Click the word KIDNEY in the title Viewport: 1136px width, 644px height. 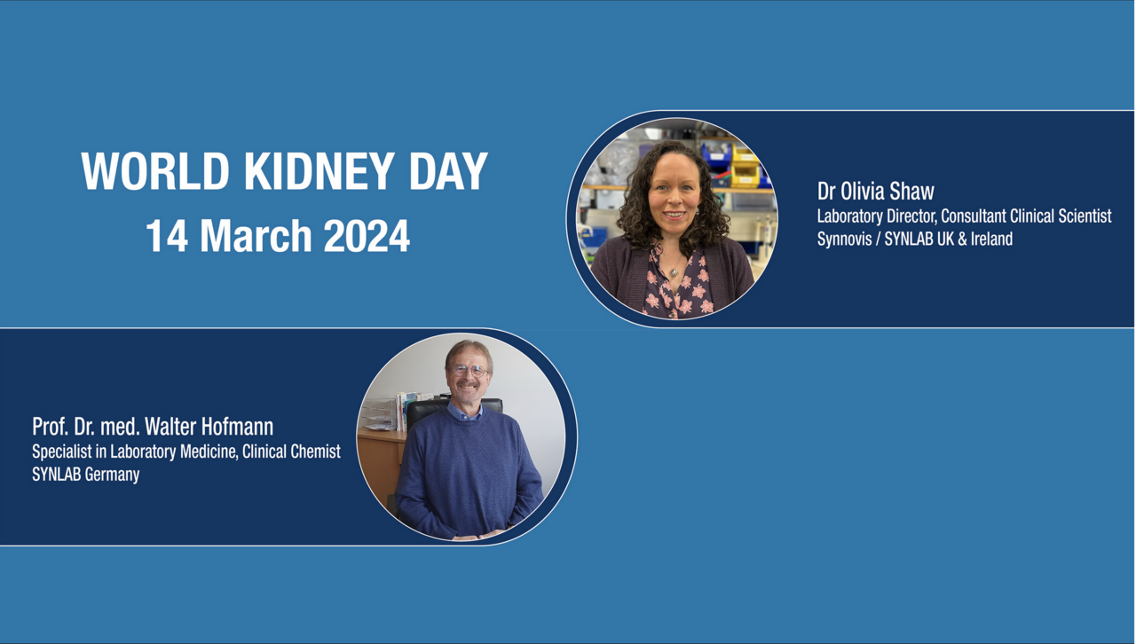(319, 171)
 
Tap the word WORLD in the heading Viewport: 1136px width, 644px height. (155, 171)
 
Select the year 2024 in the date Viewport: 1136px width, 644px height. (367, 236)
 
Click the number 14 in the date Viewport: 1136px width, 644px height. (167, 236)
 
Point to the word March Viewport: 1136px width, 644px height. (256, 236)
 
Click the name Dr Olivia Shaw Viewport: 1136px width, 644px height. (875, 192)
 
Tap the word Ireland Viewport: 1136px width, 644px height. (991, 239)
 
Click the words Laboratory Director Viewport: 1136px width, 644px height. (877, 216)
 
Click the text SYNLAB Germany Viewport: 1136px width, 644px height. (86, 475)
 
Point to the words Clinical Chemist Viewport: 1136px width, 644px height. (291, 452)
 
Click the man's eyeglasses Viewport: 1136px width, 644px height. (469, 371)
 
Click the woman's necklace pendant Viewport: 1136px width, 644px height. (674, 273)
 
